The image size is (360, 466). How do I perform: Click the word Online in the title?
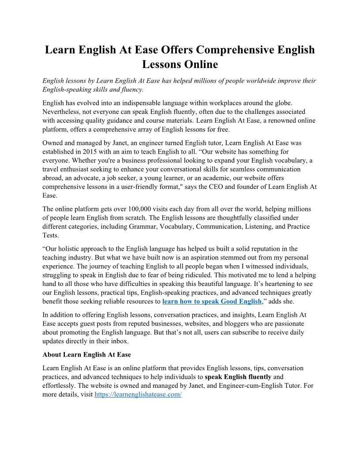click(x=202, y=64)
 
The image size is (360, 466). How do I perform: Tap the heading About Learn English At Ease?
click(x=86, y=354)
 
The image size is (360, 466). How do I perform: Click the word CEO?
click(x=221, y=187)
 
